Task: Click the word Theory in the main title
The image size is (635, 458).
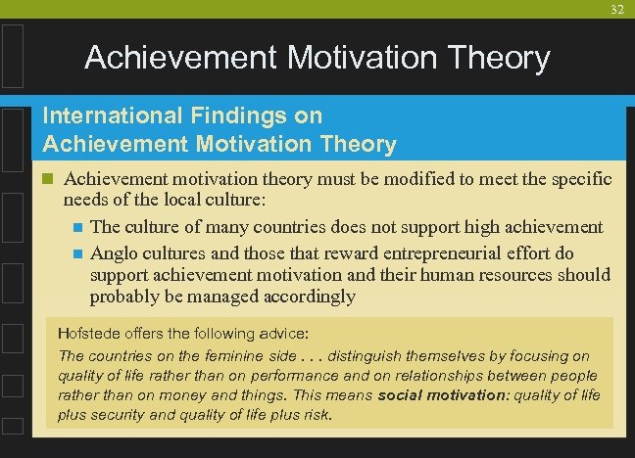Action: (x=494, y=58)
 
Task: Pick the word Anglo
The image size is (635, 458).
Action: (x=114, y=252)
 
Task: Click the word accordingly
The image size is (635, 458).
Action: (x=307, y=297)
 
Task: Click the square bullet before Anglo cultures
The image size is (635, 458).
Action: (x=78, y=253)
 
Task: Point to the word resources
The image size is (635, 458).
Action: (x=521, y=275)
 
